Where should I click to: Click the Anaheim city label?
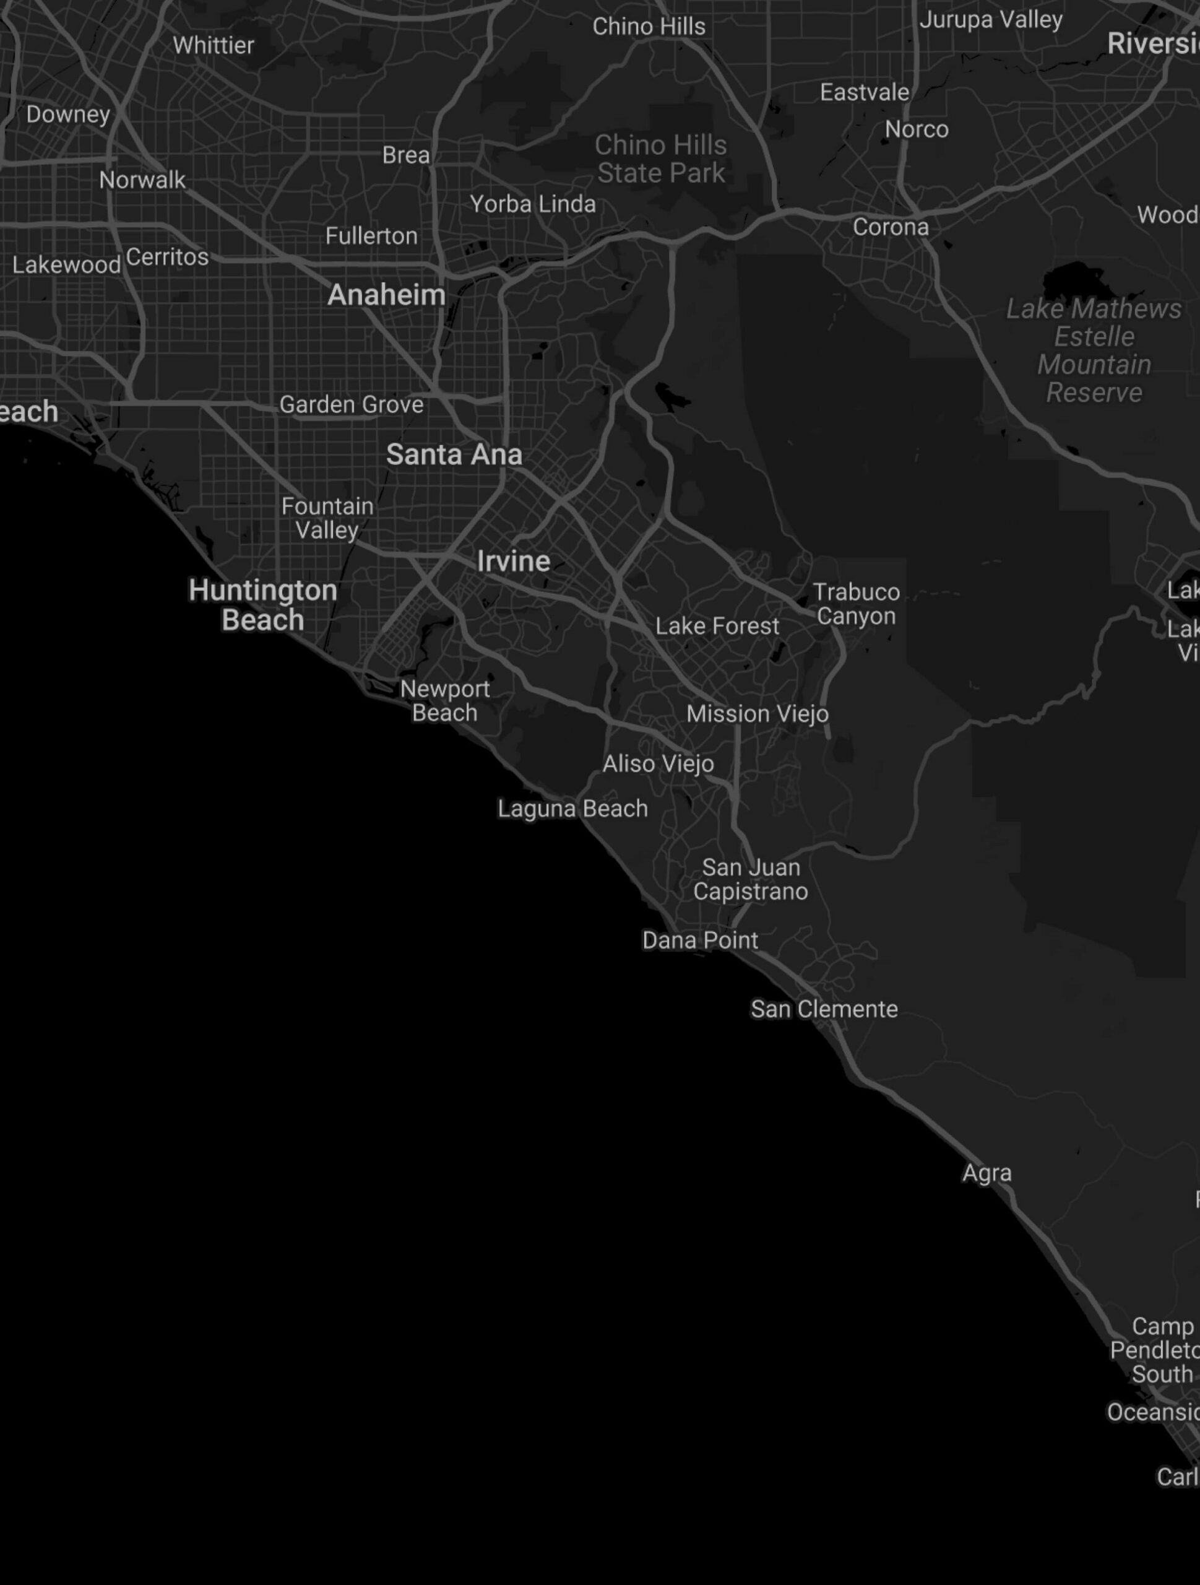coord(386,295)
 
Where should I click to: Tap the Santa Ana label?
coord(454,454)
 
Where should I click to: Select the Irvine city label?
coord(513,561)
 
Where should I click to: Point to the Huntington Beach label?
coord(263,605)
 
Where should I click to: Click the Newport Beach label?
coord(445,701)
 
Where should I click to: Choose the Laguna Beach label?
coord(572,809)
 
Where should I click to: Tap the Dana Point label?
coord(700,940)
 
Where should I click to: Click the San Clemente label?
coord(824,1009)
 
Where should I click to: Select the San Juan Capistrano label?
coord(750,879)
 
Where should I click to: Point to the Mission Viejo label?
coord(758,714)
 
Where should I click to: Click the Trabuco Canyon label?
coord(856,604)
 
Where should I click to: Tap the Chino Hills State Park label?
coord(660,159)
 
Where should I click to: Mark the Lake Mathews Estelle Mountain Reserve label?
coord(1094,350)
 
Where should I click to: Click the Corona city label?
coord(891,227)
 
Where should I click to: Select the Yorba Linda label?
coord(532,204)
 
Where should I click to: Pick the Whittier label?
coord(214,46)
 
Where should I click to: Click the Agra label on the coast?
coord(986,1173)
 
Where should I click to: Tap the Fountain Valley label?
coord(327,518)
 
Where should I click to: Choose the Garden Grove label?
coord(351,405)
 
